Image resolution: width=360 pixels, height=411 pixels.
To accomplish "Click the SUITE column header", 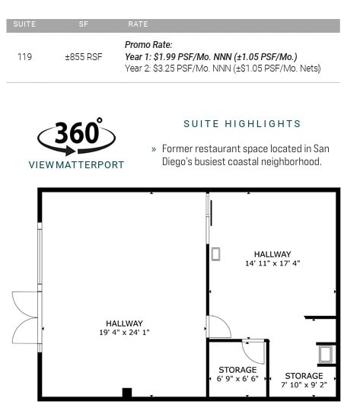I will click(x=24, y=24).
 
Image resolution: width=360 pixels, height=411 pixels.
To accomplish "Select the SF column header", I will click(x=84, y=24).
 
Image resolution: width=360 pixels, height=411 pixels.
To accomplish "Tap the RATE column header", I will click(x=138, y=24).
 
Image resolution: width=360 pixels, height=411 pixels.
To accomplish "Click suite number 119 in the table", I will click(x=24, y=57).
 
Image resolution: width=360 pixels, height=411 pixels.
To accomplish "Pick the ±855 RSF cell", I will click(x=84, y=57).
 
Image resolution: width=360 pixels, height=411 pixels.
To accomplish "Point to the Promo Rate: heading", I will click(x=148, y=45).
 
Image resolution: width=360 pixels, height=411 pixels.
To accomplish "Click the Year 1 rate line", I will click(x=211, y=57).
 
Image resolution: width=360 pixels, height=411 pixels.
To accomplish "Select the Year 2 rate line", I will click(x=222, y=68).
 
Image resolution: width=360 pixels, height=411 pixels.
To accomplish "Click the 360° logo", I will click(x=76, y=135).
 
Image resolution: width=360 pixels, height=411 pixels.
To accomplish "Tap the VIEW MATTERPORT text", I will click(x=76, y=164).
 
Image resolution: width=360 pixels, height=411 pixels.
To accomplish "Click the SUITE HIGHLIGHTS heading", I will click(x=242, y=124).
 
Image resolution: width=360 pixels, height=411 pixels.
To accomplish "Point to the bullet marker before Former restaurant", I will click(x=154, y=149).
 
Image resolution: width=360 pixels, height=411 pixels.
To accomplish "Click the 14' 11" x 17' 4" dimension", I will click(x=272, y=263).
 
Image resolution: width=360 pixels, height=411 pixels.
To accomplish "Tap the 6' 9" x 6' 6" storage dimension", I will click(x=237, y=378).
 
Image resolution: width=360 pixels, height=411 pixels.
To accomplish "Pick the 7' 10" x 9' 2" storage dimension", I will click(x=304, y=385).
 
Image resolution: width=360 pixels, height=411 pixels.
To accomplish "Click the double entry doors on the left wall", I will click(x=25, y=317).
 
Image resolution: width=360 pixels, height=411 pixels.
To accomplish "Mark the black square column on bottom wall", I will click(x=127, y=393).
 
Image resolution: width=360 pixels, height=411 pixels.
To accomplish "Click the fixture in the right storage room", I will click(x=325, y=354).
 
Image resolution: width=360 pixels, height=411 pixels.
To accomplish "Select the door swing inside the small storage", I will click(x=253, y=351).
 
